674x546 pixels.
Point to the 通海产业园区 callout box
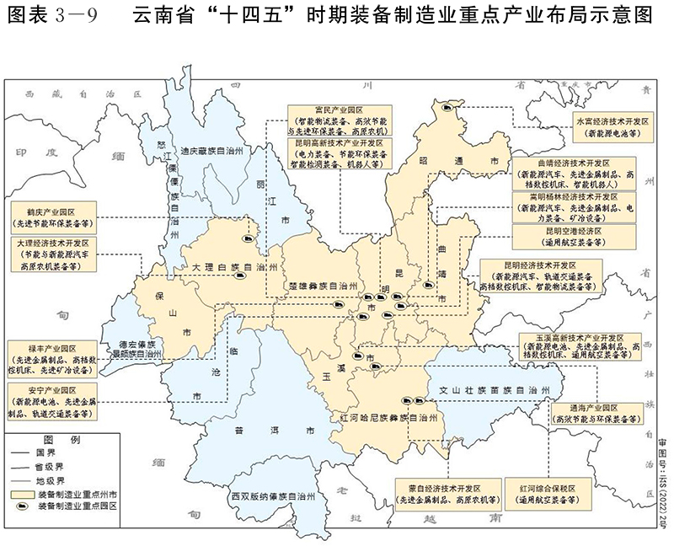click(587, 410)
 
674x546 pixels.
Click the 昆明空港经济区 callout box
click(560, 236)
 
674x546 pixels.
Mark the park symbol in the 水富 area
click(453, 108)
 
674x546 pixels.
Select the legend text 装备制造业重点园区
click(78, 507)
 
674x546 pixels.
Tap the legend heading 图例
click(62, 441)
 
